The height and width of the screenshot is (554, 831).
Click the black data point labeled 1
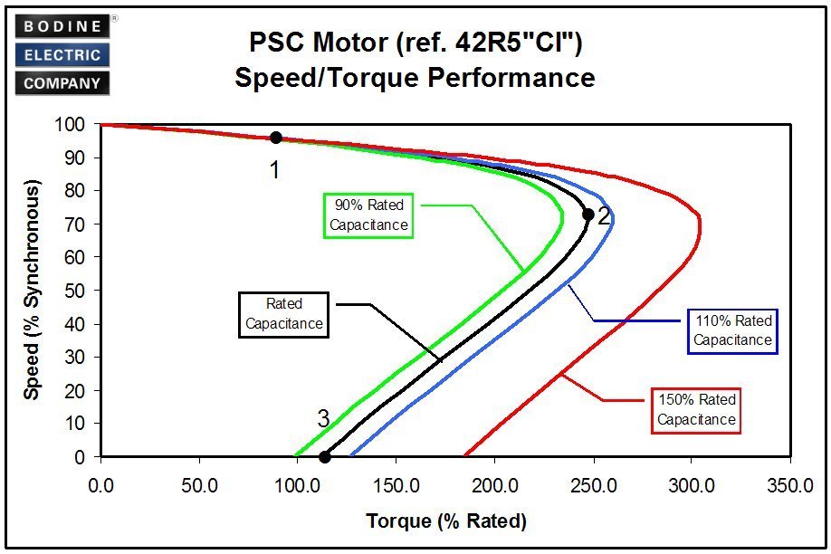pyautogui.click(x=276, y=138)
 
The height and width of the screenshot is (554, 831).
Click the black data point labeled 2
pyautogui.click(x=587, y=215)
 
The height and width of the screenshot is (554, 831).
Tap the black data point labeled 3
pyautogui.click(x=325, y=456)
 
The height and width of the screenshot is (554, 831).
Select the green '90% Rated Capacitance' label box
pyautogui.click(x=368, y=215)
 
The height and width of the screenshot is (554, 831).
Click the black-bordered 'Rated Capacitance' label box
pyautogui.click(x=283, y=313)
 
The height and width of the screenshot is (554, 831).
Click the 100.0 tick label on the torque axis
pyautogui.click(x=298, y=485)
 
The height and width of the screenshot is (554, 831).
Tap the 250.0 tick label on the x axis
pyautogui.click(x=593, y=485)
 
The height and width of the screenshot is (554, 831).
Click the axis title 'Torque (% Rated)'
pyautogui.click(x=445, y=521)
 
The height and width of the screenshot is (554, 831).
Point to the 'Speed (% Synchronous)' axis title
pyautogui.click(x=33, y=290)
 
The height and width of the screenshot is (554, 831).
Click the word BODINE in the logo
pyautogui.click(x=62, y=26)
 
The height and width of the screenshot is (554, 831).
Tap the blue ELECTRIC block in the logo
pyautogui.click(x=62, y=54)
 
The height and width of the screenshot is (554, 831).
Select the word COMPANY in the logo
pyautogui.click(x=62, y=83)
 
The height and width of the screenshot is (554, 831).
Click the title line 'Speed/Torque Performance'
pyautogui.click(x=415, y=78)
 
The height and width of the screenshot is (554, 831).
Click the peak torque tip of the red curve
pyautogui.click(x=700, y=226)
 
